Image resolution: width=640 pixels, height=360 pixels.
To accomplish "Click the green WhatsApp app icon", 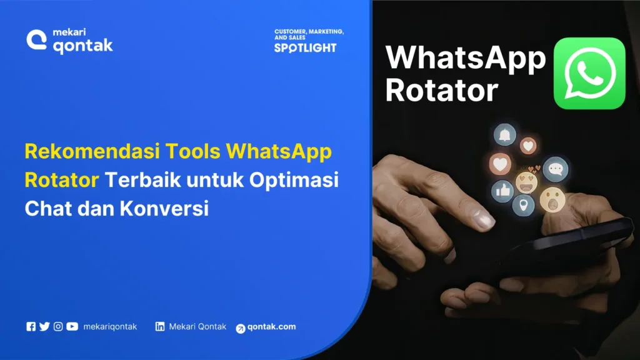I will click(589, 73).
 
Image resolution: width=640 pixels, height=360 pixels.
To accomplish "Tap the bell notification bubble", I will click(504, 134).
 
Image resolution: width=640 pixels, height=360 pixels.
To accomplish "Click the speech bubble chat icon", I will click(555, 169).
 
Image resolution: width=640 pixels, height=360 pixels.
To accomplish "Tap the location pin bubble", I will click(524, 204).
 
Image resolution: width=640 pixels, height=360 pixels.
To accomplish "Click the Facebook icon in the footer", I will click(31, 326).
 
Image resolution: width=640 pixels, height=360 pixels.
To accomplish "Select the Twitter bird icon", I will click(44, 326).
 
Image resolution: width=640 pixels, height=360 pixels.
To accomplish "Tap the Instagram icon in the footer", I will click(58, 326).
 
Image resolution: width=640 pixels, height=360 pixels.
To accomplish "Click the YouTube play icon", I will click(72, 326).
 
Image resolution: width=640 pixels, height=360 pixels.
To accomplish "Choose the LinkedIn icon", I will click(160, 326).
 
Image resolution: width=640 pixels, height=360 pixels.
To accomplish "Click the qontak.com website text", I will click(272, 327).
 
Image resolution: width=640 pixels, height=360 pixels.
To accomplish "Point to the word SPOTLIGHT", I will click(305, 47).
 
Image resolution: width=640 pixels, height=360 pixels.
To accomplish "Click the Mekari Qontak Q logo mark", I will click(37, 39).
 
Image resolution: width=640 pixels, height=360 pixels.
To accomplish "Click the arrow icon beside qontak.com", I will click(241, 328).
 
